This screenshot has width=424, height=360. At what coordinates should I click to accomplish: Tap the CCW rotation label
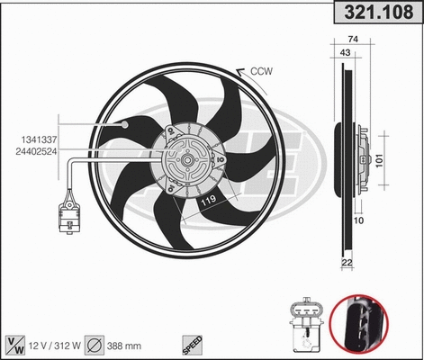pos(261,71)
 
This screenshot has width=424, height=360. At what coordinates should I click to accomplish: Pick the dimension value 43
pos(346,52)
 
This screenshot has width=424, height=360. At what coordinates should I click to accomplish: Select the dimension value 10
pos(359,219)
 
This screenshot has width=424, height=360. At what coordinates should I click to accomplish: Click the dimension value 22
pos(347,262)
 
